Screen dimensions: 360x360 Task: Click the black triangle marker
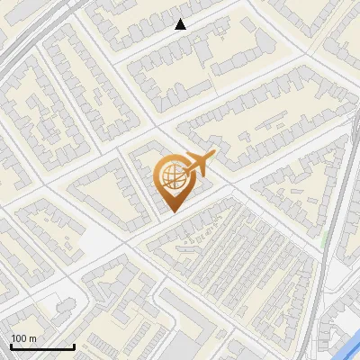pyautogui.click(x=181, y=24)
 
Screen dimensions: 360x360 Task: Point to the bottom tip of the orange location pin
pyautogui.click(x=171, y=211)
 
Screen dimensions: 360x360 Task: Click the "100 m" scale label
pyautogui.click(x=23, y=338)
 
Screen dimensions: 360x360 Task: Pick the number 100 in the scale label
pyautogui.click(x=19, y=338)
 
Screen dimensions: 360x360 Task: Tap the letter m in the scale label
pyautogui.click(x=32, y=338)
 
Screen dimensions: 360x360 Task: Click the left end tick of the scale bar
pyautogui.click(x=11, y=346)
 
